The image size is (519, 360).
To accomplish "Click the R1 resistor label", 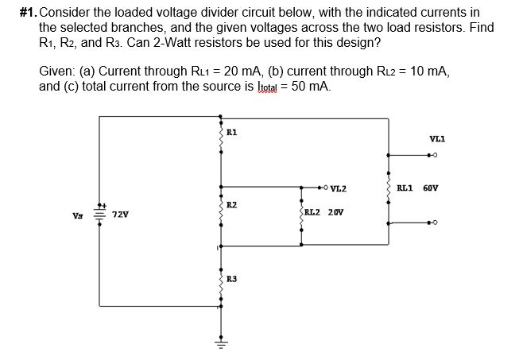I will tap(231, 132).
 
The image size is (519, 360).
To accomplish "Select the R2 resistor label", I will tap(231, 205).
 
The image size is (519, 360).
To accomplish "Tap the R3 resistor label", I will tap(231, 278).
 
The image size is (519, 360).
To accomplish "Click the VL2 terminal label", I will tap(338, 188).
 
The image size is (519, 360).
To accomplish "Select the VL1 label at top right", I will tap(438, 138).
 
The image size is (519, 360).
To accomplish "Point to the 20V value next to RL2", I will tap(338, 213).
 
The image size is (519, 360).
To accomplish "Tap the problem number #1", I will tap(25, 13).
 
